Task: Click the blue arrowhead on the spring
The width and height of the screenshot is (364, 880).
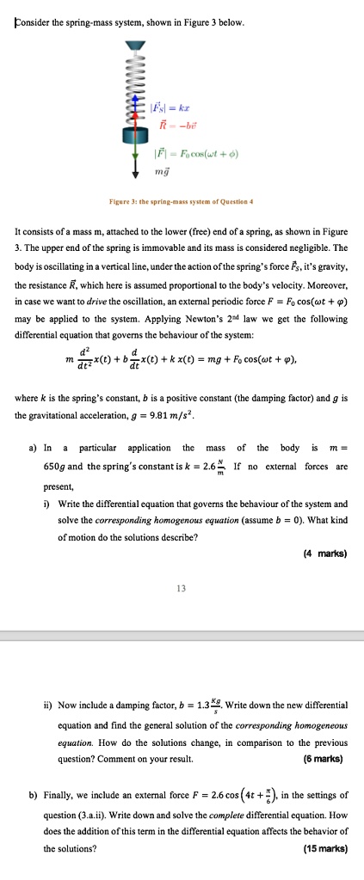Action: click(x=133, y=104)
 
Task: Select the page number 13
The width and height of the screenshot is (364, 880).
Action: click(x=181, y=590)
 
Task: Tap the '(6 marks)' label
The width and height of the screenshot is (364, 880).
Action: click(x=324, y=758)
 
